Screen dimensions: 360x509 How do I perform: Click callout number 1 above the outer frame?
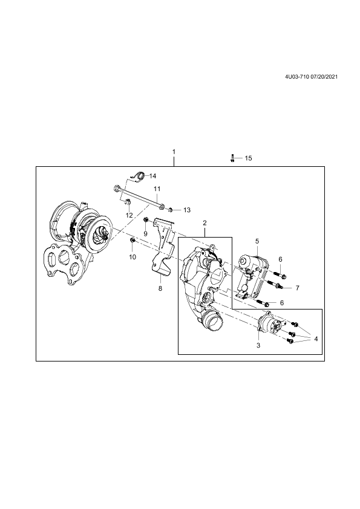[174, 152]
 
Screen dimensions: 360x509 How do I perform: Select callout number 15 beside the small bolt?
[248, 158]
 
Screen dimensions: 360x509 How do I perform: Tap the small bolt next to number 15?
[232, 158]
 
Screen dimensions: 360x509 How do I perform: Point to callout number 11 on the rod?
[157, 189]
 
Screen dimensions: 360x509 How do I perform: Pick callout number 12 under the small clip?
[129, 215]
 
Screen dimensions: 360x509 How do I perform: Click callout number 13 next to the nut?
[187, 210]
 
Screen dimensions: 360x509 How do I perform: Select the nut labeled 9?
[146, 221]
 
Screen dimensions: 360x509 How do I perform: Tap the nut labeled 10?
[133, 240]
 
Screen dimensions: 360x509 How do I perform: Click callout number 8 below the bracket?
[160, 288]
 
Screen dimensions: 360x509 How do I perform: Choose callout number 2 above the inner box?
[205, 222]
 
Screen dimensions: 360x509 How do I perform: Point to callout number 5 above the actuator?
[257, 241]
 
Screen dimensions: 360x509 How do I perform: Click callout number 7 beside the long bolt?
[297, 288]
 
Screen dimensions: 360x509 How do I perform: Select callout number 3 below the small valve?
[258, 345]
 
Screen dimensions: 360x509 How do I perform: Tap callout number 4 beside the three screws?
[315, 339]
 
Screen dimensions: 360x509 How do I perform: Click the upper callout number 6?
[280, 259]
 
